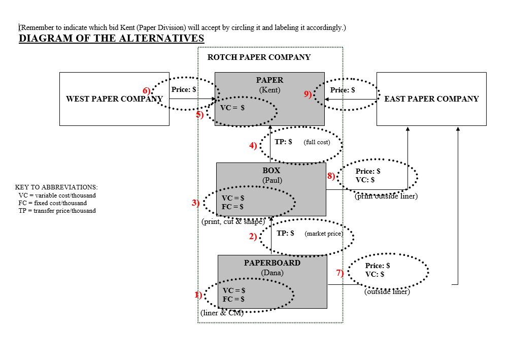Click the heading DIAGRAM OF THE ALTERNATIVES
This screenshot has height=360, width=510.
(x=111, y=39)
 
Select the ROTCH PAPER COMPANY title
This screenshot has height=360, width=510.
(x=259, y=57)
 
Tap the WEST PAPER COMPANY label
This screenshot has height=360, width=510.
(x=114, y=99)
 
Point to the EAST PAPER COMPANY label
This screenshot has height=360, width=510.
(x=431, y=99)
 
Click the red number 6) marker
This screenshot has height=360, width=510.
(x=147, y=91)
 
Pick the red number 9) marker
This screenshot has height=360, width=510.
(x=308, y=94)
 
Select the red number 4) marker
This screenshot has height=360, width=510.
(x=253, y=146)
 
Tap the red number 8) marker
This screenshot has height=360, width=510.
(x=331, y=176)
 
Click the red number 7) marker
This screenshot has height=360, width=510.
(x=340, y=273)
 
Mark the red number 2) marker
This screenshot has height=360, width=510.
(x=253, y=236)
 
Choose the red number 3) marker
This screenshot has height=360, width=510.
(x=195, y=203)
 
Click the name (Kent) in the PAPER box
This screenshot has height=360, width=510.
(x=269, y=90)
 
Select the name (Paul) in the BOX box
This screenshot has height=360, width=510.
(x=271, y=180)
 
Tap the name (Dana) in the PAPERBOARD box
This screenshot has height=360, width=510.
(x=273, y=273)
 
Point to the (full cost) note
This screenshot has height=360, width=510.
(x=317, y=142)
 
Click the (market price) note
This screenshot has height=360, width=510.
(x=324, y=234)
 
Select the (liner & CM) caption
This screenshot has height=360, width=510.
(x=222, y=313)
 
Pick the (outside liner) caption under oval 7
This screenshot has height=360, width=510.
(x=387, y=291)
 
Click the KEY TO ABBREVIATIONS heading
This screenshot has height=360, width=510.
(x=56, y=187)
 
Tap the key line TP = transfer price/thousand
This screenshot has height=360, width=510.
(x=57, y=210)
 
